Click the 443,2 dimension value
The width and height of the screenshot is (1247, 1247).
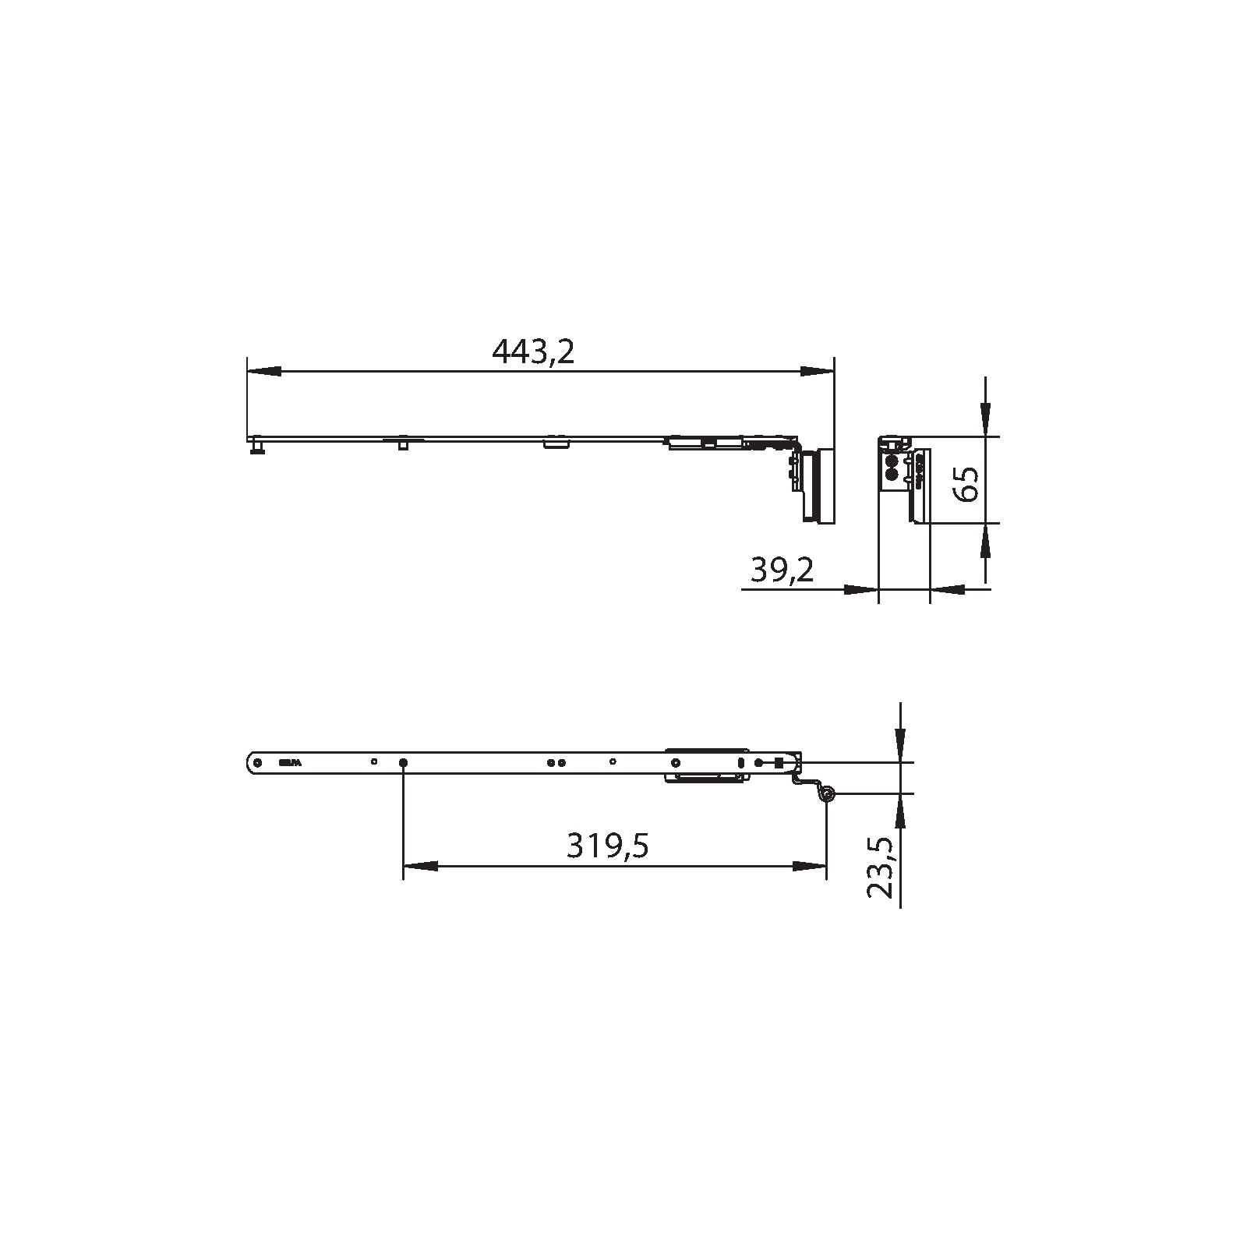point(533,353)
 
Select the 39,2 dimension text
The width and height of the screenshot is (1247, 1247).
point(782,571)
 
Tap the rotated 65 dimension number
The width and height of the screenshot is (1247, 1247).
point(966,484)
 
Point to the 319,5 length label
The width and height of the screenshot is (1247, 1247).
point(607,846)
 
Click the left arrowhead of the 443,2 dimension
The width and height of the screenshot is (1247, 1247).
point(263,373)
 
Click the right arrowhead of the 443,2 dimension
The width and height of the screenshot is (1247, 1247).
point(818,373)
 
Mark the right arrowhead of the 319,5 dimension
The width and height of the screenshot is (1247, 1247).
point(809,866)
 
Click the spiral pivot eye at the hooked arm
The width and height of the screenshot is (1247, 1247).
point(826,794)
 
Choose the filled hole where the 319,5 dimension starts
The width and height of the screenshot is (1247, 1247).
point(403,762)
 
